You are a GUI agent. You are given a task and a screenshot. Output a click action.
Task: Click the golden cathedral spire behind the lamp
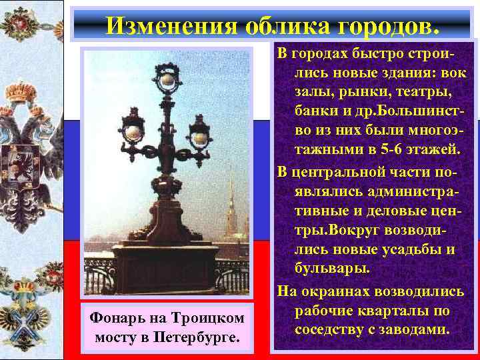[232, 200]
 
